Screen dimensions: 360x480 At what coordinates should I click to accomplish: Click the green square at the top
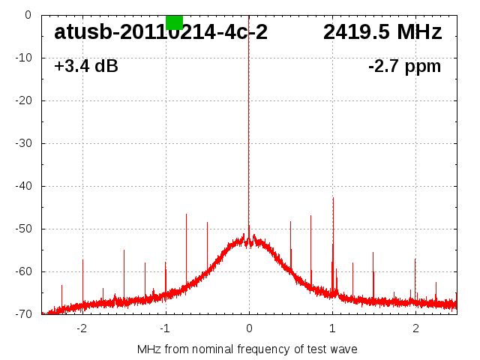pos(174,22)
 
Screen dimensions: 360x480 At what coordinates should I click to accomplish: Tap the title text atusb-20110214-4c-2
pos(160,32)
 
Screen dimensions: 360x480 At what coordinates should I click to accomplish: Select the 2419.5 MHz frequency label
pos(382,32)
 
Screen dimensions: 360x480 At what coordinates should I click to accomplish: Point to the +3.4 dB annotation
pos(86,67)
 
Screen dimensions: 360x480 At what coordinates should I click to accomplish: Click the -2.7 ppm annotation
pos(404,67)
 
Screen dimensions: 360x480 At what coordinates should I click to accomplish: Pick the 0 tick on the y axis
pos(27,15)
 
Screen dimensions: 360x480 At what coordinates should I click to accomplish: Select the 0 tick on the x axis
pos(249,328)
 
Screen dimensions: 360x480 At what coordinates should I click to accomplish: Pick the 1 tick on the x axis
pos(332,328)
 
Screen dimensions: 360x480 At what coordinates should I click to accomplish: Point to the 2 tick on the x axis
pos(415,328)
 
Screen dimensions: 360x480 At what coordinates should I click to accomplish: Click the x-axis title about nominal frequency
pos(247,349)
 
